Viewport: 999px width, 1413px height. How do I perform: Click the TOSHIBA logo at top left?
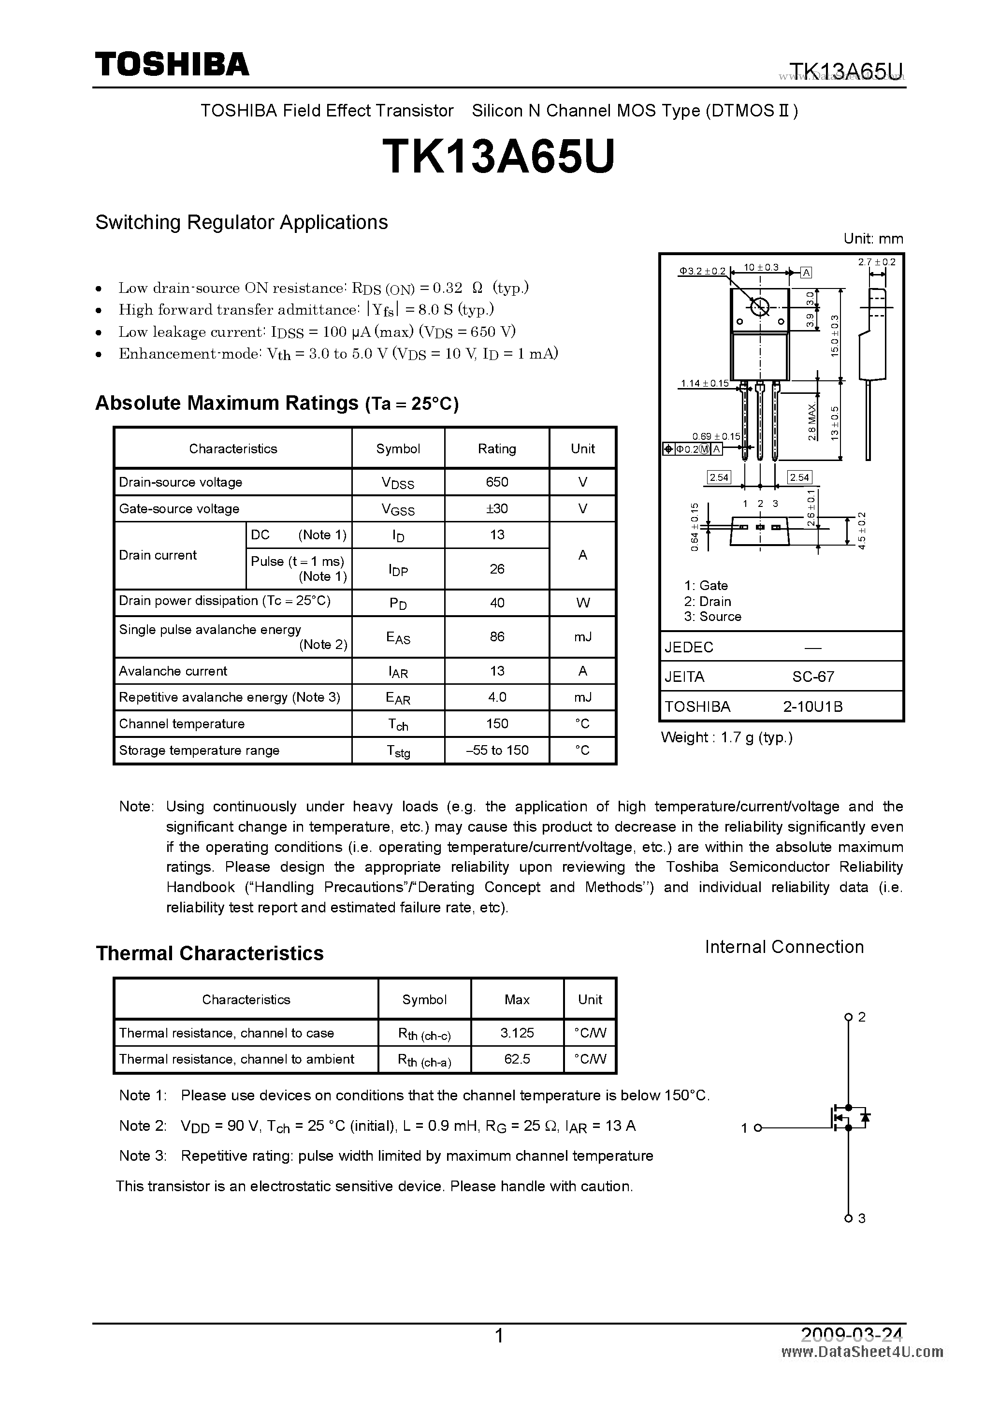pyautogui.click(x=172, y=64)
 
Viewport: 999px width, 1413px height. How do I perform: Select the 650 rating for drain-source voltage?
pyautogui.click(x=497, y=482)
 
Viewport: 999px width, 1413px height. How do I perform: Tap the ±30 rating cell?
pyautogui.click(x=497, y=508)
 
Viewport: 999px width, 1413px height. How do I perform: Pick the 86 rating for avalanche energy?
pyautogui.click(x=497, y=636)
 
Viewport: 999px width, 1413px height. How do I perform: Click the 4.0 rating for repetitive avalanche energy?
pyautogui.click(x=497, y=697)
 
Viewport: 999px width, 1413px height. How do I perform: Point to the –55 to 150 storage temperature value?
pyautogui.click(x=497, y=750)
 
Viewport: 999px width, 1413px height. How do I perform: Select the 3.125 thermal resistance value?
pyautogui.click(x=517, y=1033)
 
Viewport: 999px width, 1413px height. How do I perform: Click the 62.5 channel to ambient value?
pyautogui.click(x=517, y=1058)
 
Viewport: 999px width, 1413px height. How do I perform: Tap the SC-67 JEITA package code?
pyautogui.click(x=812, y=677)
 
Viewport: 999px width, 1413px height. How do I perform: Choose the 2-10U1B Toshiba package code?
pyautogui.click(x=812, y=706)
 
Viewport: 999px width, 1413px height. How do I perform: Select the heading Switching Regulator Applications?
pyautogui.click(x=241, y=222)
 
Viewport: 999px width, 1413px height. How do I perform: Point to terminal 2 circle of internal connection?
pyautogui.click(x=848, y=1017)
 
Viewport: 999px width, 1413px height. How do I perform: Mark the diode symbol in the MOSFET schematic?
pyautogui.click(x=865, y=1116)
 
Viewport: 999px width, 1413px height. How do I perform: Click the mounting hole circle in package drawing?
pyautogui.click(x=760, y=306)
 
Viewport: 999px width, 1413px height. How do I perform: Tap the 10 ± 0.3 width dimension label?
pyautogui.click(x=761, y=267)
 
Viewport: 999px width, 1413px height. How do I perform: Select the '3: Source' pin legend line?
pyautogui.click(x=712, y=617)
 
